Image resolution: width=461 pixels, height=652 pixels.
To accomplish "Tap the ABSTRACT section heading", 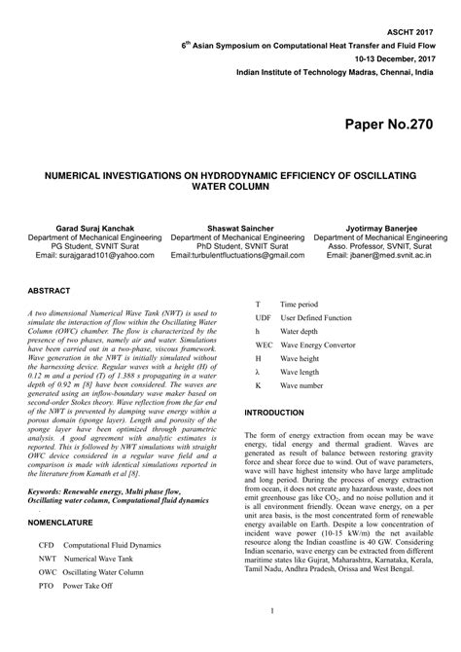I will (x=49, y=291).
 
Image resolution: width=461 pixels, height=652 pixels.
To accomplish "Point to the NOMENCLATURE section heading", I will (x=60, y=523).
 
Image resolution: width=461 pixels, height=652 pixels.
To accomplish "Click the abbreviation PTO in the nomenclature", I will (x=47, y=587).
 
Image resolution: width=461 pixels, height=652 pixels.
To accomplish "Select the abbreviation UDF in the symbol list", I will (x=264, y=317).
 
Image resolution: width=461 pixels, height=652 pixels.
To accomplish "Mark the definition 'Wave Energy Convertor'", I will (x=319, y=344).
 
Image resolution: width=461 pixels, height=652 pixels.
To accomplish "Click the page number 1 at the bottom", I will (x=230, y=638).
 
